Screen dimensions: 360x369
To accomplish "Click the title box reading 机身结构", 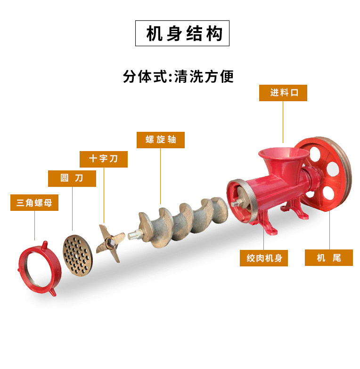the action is [x=182, y=33].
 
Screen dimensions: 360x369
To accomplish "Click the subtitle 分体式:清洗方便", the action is [x=179, y=76].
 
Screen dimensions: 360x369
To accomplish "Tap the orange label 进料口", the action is [x=283, y=93].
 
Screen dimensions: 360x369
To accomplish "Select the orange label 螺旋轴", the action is [x=161, y=140].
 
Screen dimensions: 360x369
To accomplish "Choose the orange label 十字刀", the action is [x=104, y=159].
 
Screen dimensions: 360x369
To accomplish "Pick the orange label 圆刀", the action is [x=72, y=178].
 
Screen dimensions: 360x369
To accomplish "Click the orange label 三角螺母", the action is [x=34, y=202].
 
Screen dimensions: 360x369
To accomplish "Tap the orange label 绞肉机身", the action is [x=264, y=258].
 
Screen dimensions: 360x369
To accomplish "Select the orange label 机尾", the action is [x=329, y=258].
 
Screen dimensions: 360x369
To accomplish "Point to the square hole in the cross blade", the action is [x=110, y=242].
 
